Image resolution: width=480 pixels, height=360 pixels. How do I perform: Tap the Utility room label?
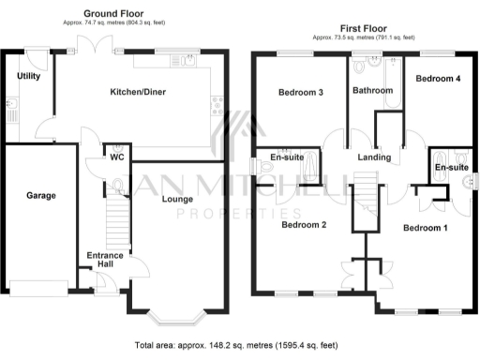pyautogui.click(x=29, y=76)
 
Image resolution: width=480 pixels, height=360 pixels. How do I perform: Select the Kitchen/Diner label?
pyautogui.click(x=139, y=92)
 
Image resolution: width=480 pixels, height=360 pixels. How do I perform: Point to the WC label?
pyautogui.click(x=117, y=157)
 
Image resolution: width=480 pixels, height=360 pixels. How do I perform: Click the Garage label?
pyautogui.click(x=40, y=196)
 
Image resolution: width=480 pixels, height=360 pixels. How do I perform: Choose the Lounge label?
pyautogui.click(x=177, y=200)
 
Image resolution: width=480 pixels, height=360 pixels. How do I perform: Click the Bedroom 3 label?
pyautogui.click(x=301, y=92)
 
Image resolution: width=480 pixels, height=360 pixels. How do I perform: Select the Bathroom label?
pyautogui.click(x=372, y=91)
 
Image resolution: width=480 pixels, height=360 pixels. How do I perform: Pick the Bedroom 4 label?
pyautogui.click(x=438, y=79)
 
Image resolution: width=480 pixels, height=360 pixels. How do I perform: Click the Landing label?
pyautogui.click(x=375, y=157)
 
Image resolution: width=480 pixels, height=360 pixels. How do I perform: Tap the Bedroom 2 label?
pyautogui.click(x=304, y=225)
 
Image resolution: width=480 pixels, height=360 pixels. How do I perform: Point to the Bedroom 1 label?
pyautogui.click(x=426, y=227)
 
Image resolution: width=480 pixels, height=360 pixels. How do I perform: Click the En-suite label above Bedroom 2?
pyautogui.click(x=286, y=157)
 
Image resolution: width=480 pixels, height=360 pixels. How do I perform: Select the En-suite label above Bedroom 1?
pyautogui.click(x=451, y=167)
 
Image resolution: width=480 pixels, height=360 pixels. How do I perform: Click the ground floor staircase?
pyautogui.click(x=115, y=225)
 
